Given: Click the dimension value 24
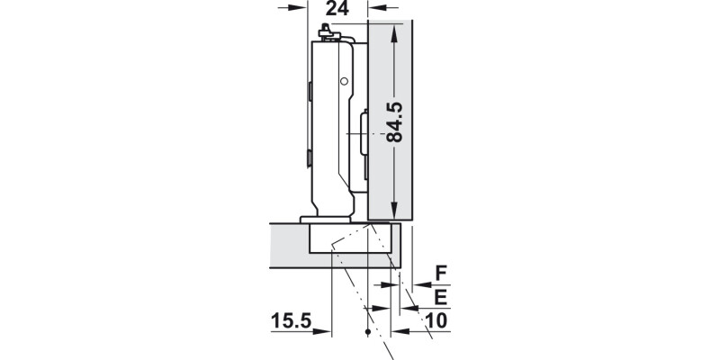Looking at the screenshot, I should [x=338, y=9].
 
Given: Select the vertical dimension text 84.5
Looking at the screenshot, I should [x=394, y=122].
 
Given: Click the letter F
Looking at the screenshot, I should [x=441, y=271].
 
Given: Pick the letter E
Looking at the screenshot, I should [x=441, y=295].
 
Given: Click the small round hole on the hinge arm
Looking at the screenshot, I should [x=344, y=82].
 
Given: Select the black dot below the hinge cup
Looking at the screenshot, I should [x=367, y=333].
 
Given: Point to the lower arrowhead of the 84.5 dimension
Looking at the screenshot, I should [x=394, y=211].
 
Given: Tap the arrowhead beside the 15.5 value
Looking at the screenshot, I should [x=324, y=331].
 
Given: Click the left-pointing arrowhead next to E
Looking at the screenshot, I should [x=410, y=308].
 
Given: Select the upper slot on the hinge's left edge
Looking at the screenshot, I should [x=310, y=91].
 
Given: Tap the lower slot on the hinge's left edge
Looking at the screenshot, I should [x=310, y=159].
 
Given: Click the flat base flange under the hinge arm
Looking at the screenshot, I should [x=326, y=219].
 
